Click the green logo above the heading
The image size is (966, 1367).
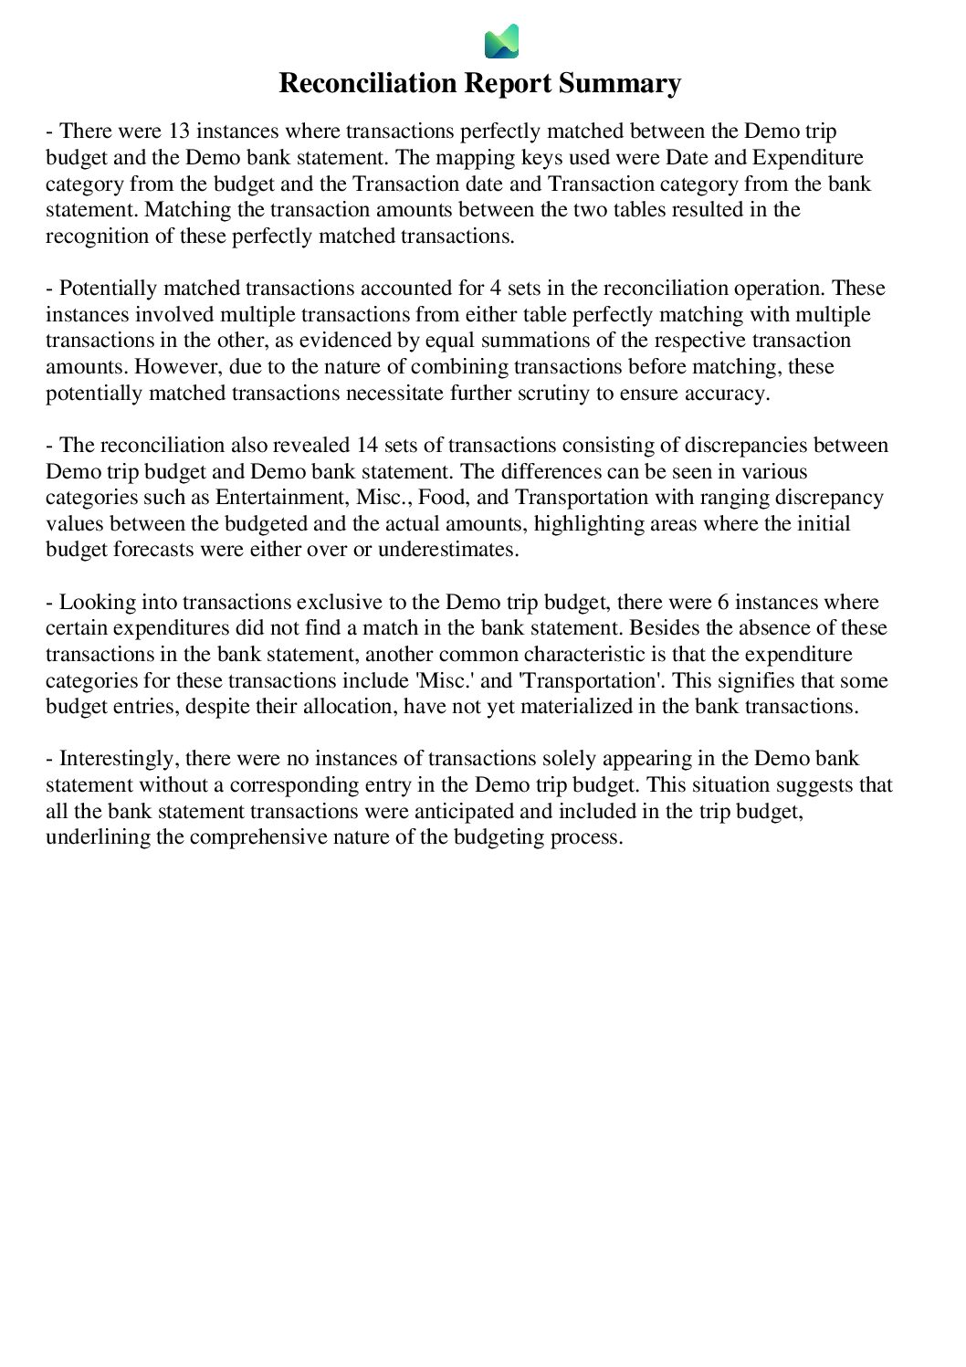click(501, 41)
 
